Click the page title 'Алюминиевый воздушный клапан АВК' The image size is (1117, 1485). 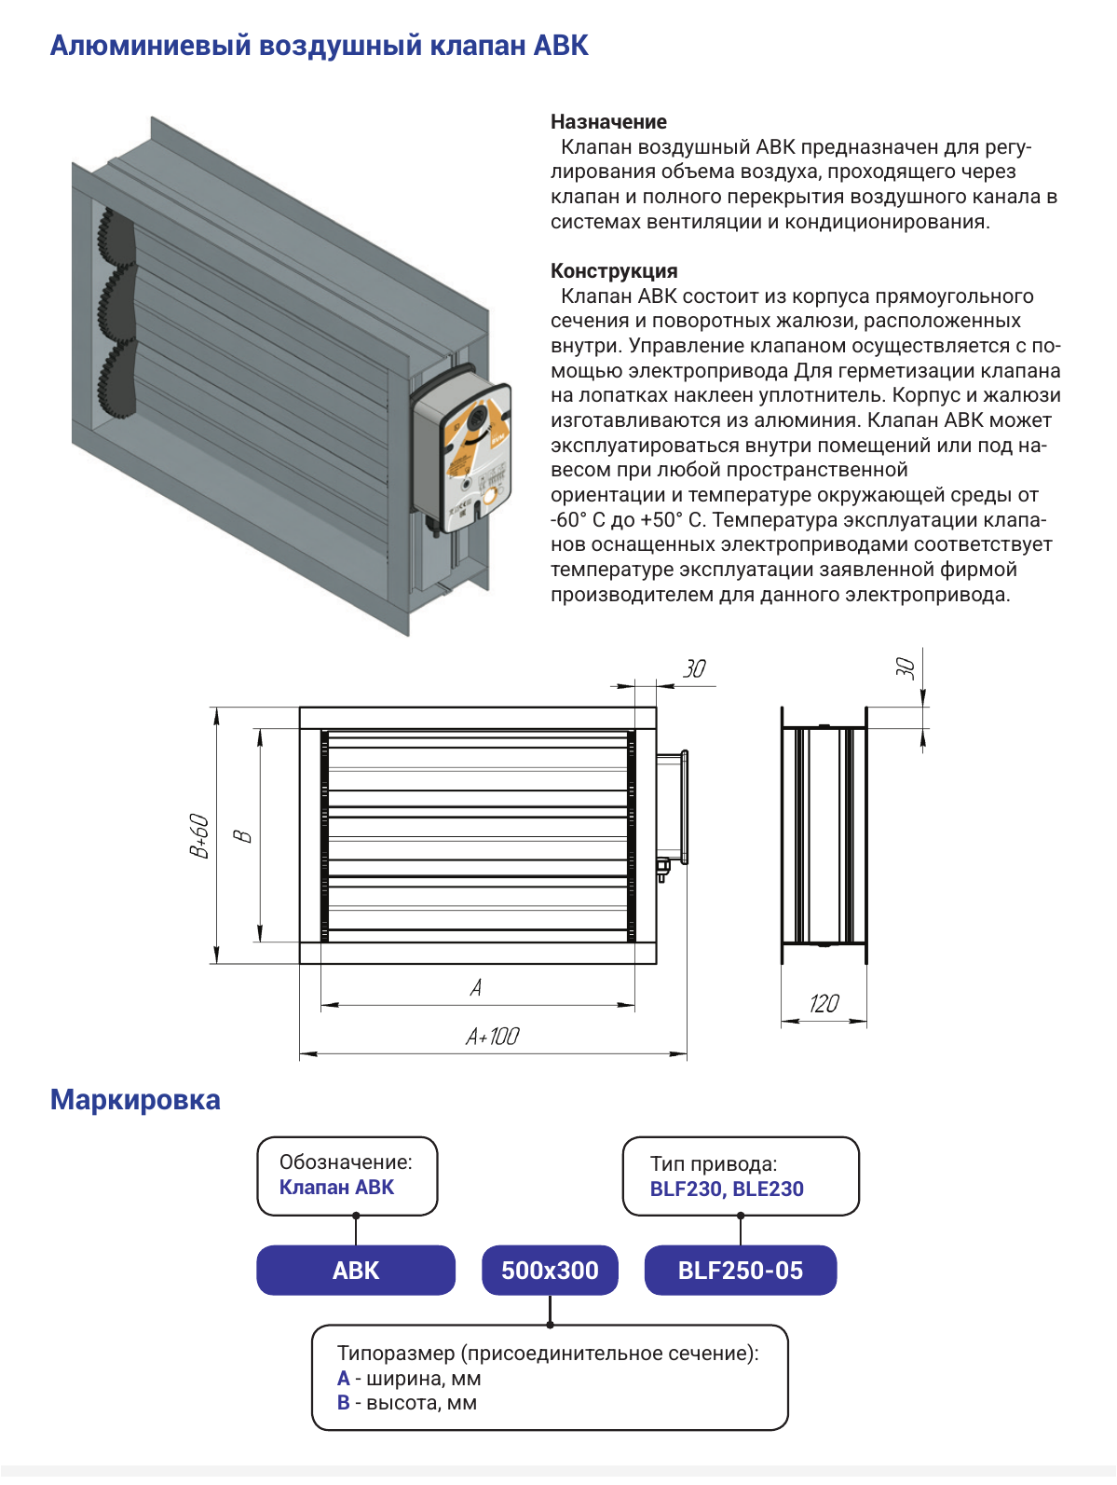click(x=320, y=46)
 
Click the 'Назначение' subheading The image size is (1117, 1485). click(x=608, y=122)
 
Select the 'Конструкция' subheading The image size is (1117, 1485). click(x=614, y=270)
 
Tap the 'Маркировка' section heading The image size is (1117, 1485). click(x=135, y=1100)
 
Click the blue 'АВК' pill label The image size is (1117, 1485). click(x=356, y=1271)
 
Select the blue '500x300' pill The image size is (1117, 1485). click(x=550, y=1271)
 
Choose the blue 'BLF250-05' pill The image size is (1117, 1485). click(x=741, y=1271)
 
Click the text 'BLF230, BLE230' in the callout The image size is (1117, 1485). click(x=727, y=1189)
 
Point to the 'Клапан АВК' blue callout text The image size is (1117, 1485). click(x=336, y=1188)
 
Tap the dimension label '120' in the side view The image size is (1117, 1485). click(x=824, y=1003)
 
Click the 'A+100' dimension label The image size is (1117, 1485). click(x=492, y=1037)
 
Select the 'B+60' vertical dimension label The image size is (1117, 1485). click(x=199, y=836)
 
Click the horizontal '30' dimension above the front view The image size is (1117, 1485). click(x=694, y=669)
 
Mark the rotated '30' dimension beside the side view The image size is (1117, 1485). click(x=906, y=668)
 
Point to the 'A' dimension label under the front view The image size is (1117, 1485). click(x=476, y=988)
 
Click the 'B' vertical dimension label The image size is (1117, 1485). click(x=243, y=836)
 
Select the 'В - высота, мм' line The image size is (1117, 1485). click(x=407, y=1402)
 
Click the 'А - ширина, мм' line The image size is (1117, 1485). click(x=409, y=1378)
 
